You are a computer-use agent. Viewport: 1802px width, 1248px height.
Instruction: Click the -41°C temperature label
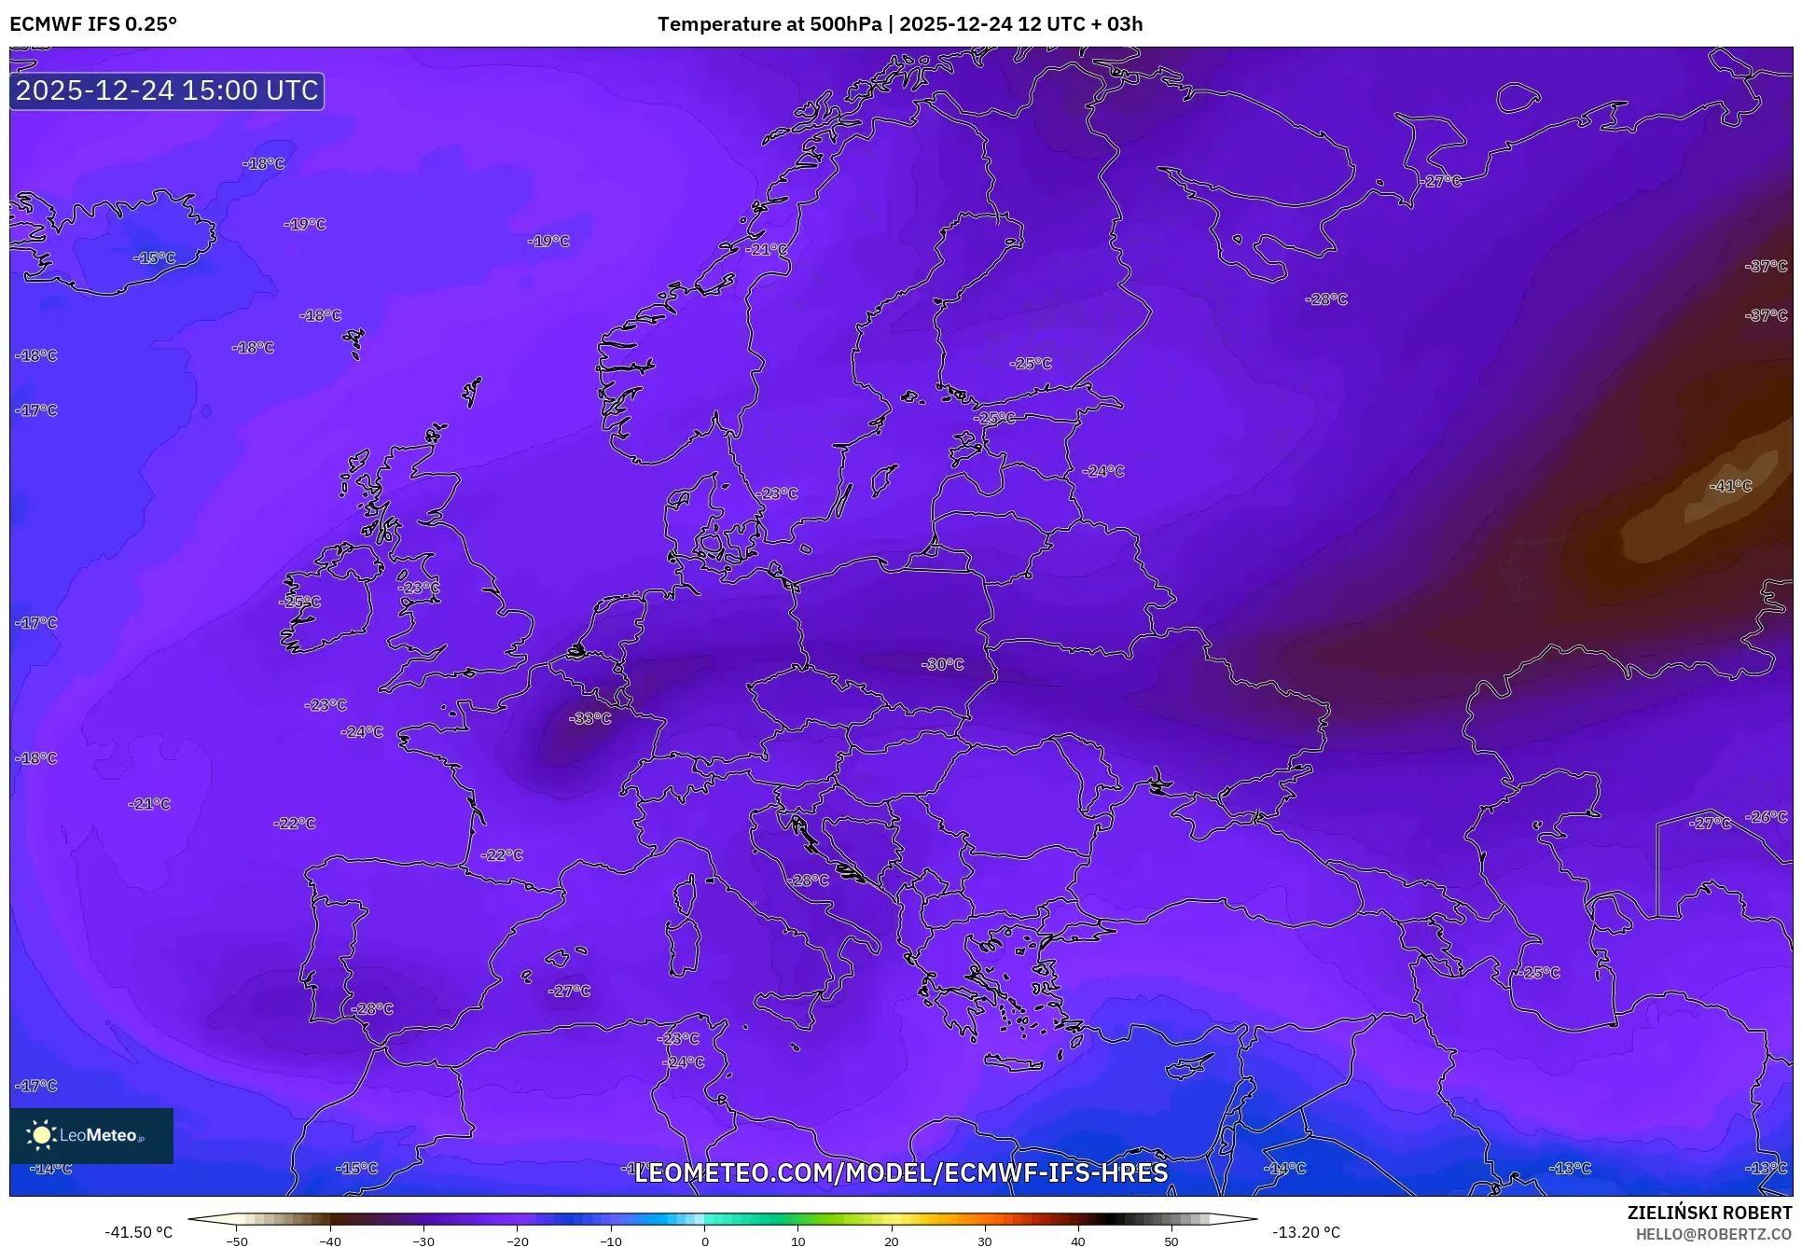pyautogui.click(x=1730, y=486)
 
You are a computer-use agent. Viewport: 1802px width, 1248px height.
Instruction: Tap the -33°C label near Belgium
pyautogui.click(x=590, y=718)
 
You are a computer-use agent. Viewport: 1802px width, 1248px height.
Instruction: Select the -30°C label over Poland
pyautogui.click(x=942, y=664)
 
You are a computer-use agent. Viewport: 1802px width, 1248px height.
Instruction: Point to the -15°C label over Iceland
pyautogui.click(x=154, y=257)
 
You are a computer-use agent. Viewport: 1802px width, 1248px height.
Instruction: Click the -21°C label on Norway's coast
pyautogui.click(x=767, y=249)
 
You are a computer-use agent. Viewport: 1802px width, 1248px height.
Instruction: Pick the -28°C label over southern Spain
pyautogui.click(x=372, y=1008)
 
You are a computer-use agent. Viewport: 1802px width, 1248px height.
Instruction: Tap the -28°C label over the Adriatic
pyautogui.click(x=808, y=880)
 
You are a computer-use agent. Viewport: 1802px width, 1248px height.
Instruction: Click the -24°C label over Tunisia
pyautogui.click(x=684, y=1061)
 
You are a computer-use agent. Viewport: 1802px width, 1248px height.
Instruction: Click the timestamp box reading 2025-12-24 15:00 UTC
pyautogui.click(x=167, y=90)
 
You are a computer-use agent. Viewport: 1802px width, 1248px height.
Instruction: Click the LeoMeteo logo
pyautogui.click(x=90, y=1135)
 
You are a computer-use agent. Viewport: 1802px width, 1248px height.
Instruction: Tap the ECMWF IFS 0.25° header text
pyautogui.click(x=93, y=24)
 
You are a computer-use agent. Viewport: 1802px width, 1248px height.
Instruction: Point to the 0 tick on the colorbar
pyautogui.click(x=704, y=1241)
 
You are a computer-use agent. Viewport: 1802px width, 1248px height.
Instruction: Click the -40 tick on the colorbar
pyautogui.click(x=330, y=1241)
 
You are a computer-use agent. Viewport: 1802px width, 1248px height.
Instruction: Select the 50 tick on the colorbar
pyautogui.click(x=1171, y=1241)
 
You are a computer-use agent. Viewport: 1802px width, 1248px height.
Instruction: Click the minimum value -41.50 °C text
pyautogui.click(x=138, y=1232)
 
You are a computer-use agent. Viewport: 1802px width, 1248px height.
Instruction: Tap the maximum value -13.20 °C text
pyautogui.click(x=1306, y=1232)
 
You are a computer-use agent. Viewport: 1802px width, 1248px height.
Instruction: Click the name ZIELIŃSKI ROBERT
pyautogui.click(x=1709, y=1213)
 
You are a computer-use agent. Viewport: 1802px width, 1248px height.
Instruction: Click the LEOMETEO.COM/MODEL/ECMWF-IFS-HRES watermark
pyautogui.click(x=901, y=1172)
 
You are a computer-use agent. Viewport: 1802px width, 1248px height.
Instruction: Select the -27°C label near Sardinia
pyautogui.click(x=569, y=991)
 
